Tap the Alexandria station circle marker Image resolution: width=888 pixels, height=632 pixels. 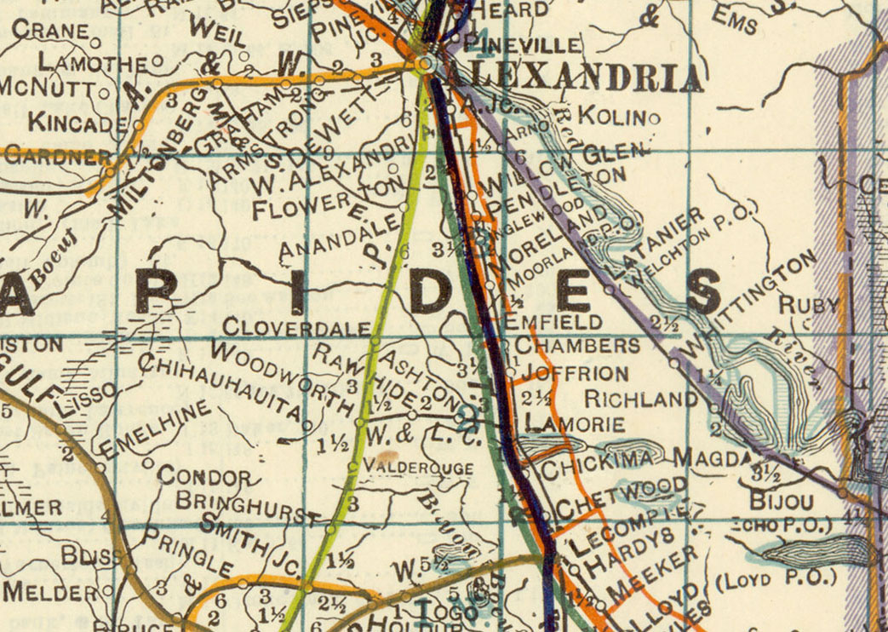click(x=426, y=63)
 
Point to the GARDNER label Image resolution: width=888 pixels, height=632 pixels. click(x=55, y=157)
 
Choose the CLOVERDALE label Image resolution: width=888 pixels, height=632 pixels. click(x=296, y=328)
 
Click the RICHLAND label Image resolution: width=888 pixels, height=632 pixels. click(x=642, y=399)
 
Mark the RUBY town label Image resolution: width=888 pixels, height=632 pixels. click(x=809, y=304)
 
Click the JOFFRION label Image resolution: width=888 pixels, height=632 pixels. click(x=576, y=373)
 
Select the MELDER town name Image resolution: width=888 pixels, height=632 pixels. click(x=50, y=590)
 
